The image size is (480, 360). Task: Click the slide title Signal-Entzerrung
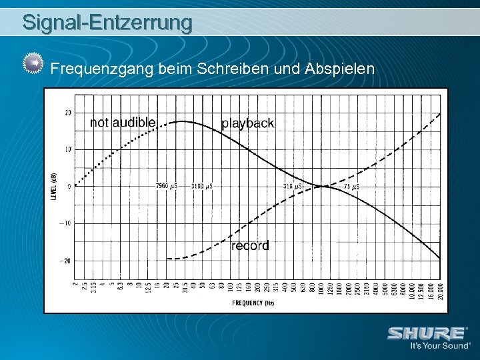tap(107, 22)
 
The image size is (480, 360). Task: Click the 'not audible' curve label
tap(123, 122)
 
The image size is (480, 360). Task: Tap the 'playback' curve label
tap(247, 123)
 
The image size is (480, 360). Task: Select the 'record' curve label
tap(250, 245)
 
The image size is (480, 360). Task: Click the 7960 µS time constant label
tap(166, 186)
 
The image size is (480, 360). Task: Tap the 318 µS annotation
tap(292, 186)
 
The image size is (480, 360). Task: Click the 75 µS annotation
tap(351, 187)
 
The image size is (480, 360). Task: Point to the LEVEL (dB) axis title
tap(53, 186)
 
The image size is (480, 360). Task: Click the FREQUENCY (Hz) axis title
tap(253, 302)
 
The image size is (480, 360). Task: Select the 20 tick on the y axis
tap(68, 113)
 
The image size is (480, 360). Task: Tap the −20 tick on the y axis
tap(67, 261)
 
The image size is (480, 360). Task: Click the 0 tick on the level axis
tap(69, 187)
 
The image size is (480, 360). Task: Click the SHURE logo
tap(427, 333)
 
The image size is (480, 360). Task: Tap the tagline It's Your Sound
tap(439, 347)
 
